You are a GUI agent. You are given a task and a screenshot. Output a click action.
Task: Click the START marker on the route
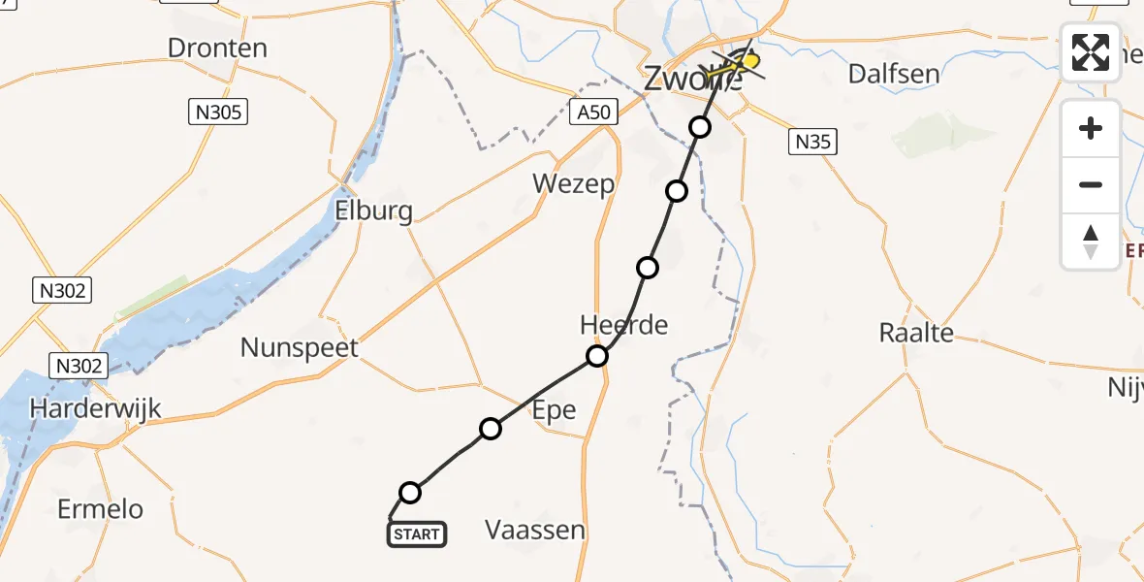tap(417, 533)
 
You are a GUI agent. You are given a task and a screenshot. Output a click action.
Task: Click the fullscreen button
tap(1091, 51)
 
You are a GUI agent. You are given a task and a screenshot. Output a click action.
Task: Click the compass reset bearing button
tap(1091, 242)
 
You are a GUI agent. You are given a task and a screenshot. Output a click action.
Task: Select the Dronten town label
tap(217, 48)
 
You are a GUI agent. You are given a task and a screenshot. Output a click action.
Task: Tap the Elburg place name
tap(373, 210)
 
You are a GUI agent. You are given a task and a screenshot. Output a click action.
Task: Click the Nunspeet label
tap(300, 347)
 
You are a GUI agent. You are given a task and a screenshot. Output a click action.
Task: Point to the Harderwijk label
tap(95, 408)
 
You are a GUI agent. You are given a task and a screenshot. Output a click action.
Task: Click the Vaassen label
tap(535, 530)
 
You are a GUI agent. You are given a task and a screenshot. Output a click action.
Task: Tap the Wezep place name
tap(574, 183)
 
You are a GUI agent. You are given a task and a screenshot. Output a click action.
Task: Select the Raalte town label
tap(916, 333)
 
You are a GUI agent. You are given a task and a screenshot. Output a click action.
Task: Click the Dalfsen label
tap(894, 74)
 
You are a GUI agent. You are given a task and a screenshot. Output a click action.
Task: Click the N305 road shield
tap(217, 113)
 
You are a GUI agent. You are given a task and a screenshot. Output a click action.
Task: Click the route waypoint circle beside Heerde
tap(597, 356)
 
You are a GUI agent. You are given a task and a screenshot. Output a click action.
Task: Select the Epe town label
tap(554, 409)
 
